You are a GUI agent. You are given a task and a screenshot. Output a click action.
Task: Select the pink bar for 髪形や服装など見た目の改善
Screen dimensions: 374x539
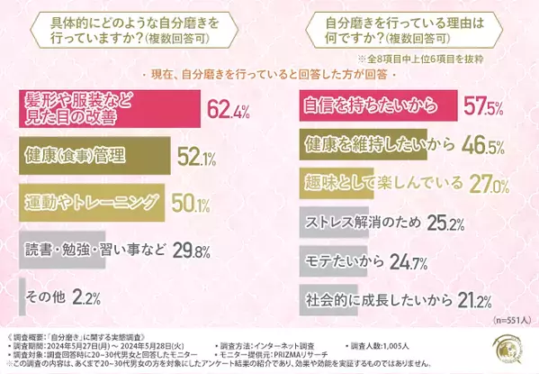pos(99,111)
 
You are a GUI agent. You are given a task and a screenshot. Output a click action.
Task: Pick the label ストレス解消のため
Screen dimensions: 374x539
pos(352,221)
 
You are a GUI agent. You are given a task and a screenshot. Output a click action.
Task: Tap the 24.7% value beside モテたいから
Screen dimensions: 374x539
pos(382,260)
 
